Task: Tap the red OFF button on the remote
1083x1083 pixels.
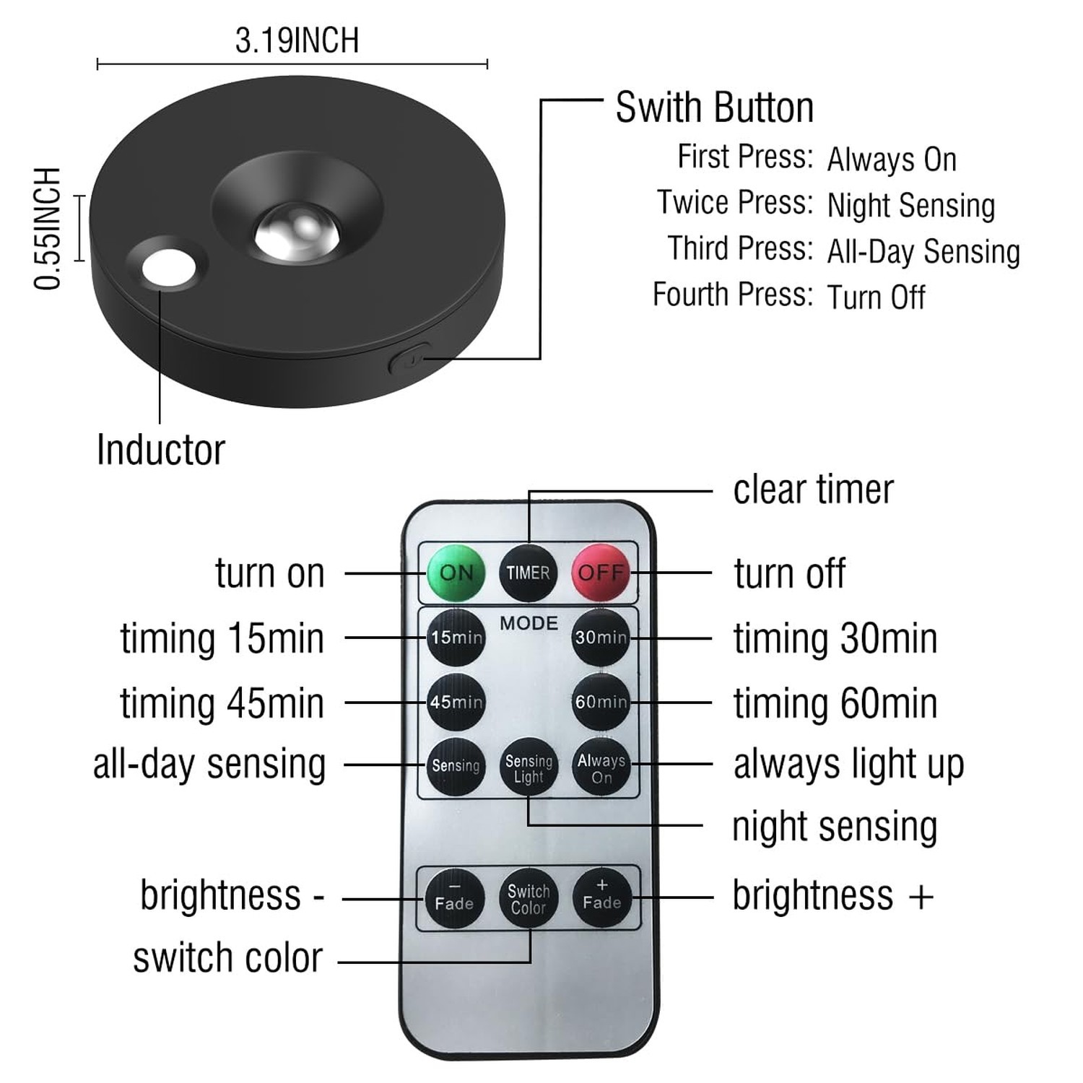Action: (x=601, y=573)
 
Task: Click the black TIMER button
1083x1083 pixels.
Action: (x=528, y=573)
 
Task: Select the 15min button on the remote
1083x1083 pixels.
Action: (x=456, y=638)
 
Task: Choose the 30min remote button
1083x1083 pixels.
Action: (x=601, y=638)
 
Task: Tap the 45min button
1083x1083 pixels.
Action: (x=456, y=702)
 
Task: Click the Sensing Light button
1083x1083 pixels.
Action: (x=529, y=767)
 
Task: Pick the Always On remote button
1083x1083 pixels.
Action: (x=601, y=767)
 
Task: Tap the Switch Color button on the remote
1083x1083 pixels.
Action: (x=529, y=899)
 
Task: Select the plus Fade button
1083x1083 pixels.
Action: (x=601, y=897)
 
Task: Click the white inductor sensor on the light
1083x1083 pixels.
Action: (x=169, y=268)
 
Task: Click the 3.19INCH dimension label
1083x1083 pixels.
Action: (x=297, y=40)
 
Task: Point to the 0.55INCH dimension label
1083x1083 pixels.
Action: (x=48, y=228)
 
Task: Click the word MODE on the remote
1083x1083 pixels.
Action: (x=529, y=623)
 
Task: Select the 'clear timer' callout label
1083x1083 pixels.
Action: (x=813, y=490)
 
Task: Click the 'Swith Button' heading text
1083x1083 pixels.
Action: (x=714, y=108)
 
